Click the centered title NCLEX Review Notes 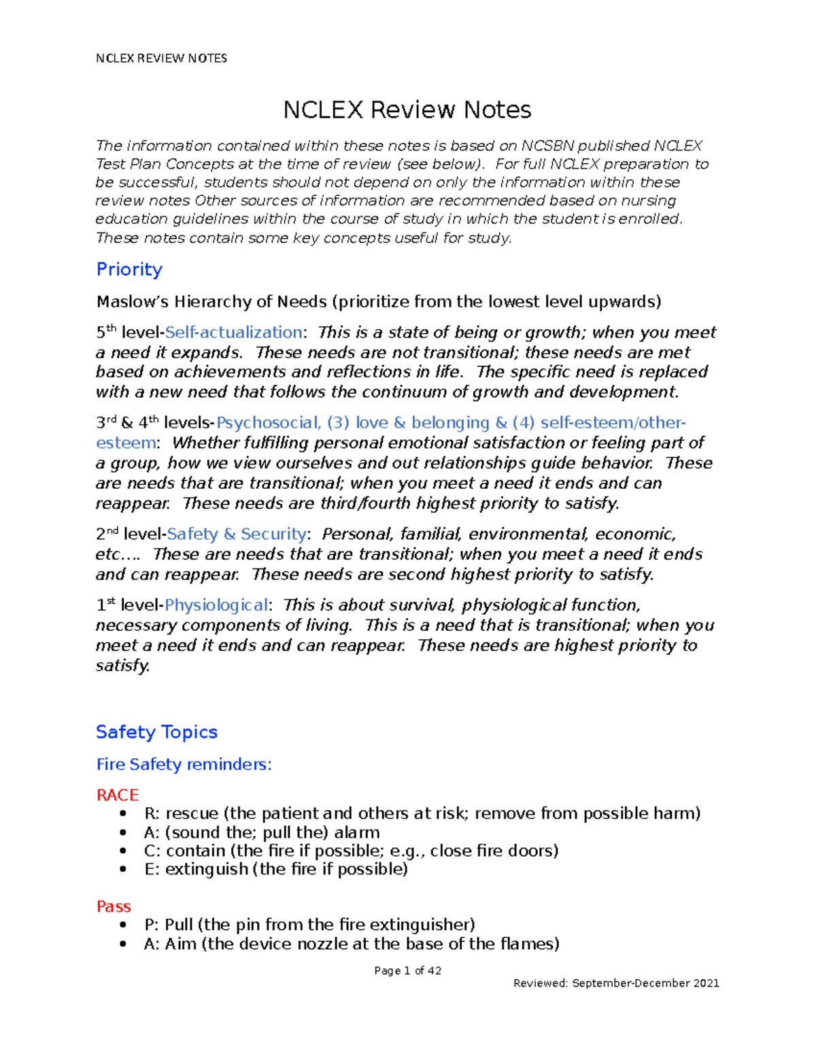[x=407, y=110]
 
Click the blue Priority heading [x=129, y=269]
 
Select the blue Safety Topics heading [x=156, y=732]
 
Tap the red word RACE [x=117, y=795]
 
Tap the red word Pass [x=114, y=906]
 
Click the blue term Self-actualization [x=233, y=333]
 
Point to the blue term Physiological [x=216, y=605]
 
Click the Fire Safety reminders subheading [x=184, y=764]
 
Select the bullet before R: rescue [x=122, y=814]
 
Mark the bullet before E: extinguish [x=122, y=869]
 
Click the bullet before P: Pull [x=122, y=925]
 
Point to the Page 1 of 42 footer [x=407, y=970]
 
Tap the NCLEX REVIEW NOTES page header [x=161, y=58]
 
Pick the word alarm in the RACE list [x=356, y=832]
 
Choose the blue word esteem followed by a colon [x=126, y=443]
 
